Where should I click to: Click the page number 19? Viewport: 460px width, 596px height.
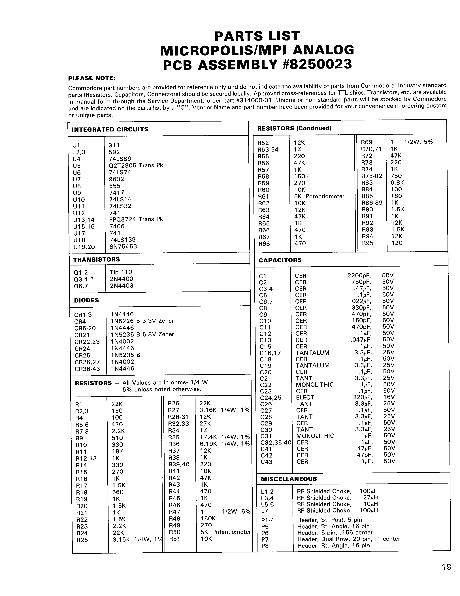tap(446, 567)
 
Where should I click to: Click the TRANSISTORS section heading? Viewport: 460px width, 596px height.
tap(96, 259)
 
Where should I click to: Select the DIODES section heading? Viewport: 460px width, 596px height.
tap(86, 300)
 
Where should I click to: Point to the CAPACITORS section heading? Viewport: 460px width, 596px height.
tap(280, 260)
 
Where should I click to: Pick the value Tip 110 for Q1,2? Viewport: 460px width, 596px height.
tap(121, 272)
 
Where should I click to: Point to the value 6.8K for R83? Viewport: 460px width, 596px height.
tap(397, 183)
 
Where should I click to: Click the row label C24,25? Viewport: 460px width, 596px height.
tap(270, 398)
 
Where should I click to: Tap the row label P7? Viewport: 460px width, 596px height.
tap(265, 539)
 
